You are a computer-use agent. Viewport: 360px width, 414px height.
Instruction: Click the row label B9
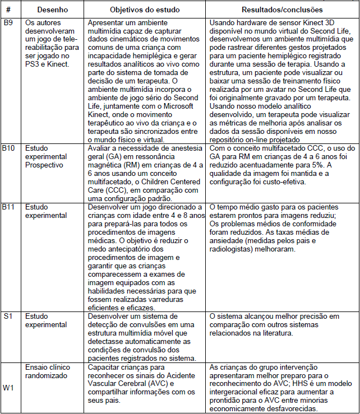(8, 22)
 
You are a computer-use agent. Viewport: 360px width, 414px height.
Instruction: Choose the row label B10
(10, 148)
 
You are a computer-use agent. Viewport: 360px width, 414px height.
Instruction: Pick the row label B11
(10, 207)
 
